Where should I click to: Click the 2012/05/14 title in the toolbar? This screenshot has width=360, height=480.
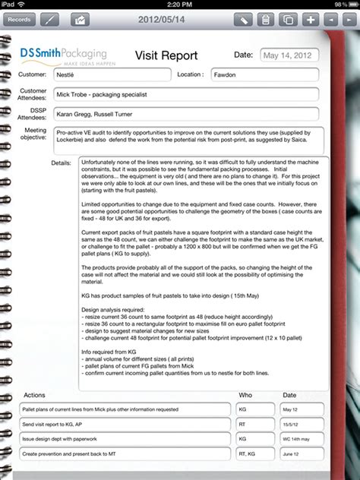tap(163, 18)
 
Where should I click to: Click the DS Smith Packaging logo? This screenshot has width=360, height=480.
tap(64, 56)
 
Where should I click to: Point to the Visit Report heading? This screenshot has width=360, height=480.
tap(166, 55)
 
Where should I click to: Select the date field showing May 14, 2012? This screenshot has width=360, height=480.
tap(289, 55)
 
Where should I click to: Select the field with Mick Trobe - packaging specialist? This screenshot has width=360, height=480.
tap(185, 94)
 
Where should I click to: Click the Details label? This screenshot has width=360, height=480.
tap(61, 163)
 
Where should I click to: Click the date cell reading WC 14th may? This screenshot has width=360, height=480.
tap(301, 438)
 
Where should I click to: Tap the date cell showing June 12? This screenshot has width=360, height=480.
tap(301, 453)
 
